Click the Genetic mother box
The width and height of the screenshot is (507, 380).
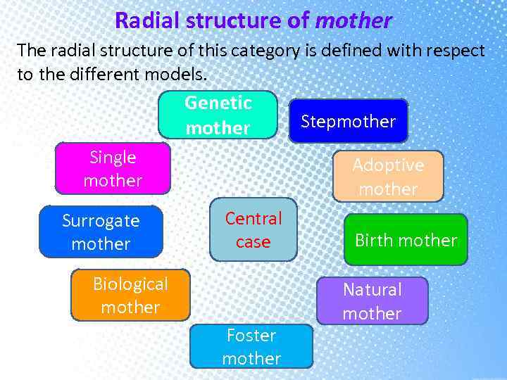218,115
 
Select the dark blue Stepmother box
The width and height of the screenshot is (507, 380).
348,121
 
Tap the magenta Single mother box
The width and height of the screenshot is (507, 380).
113,169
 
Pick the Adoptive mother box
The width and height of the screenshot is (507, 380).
388,177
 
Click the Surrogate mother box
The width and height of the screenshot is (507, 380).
101,232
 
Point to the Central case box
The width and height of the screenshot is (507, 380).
253,230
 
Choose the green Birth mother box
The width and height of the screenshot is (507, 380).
406,240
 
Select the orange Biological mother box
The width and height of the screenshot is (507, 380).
130,296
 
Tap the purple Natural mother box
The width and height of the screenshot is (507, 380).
372,301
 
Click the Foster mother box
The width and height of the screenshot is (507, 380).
251,346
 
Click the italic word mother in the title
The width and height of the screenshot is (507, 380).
353,20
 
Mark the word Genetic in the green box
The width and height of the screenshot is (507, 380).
218,103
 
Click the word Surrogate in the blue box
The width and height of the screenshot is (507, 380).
101,221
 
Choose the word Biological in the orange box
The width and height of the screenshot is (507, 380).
130,284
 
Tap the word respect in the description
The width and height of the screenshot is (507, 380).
454,51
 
